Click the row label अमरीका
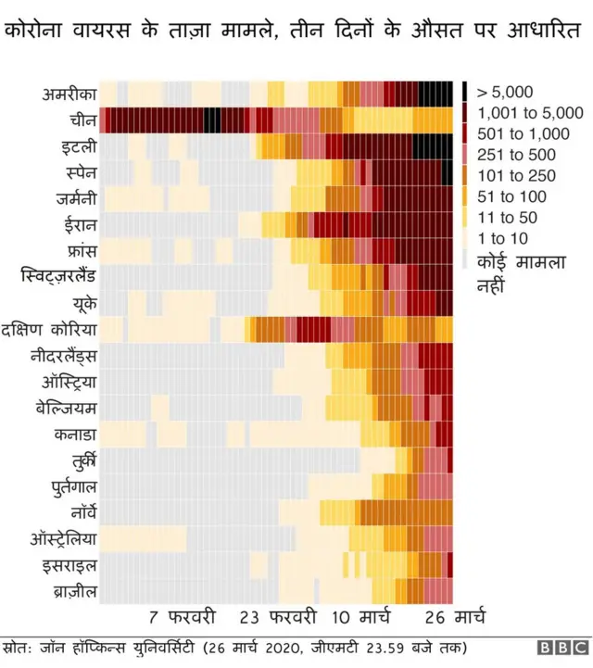click(x=69, y=94)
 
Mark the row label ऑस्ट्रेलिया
click(x=59, y=538)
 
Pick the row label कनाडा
click(x=72, y=434)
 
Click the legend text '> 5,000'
click(x=504, y=92)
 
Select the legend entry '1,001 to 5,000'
click(x=524, y=113)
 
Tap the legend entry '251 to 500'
click(x=516, y=155)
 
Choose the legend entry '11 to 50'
click(x=510, y=218)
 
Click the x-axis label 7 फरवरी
click(x=182, y=616)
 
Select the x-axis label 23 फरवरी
click(x=278, y=616)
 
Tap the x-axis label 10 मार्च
click(x=360, y=616)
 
